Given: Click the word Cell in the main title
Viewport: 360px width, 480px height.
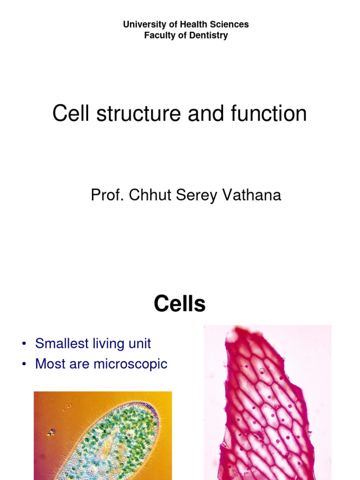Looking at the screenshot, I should point(71,114).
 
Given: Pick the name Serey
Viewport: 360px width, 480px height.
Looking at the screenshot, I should point(192,195).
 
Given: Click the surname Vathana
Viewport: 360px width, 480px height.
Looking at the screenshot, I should point(249,195).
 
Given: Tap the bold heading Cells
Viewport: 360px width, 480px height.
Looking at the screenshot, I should point(180,305).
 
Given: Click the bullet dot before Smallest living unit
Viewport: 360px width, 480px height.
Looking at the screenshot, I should point(23,345).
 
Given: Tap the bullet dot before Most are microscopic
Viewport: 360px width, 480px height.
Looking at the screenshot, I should point(23,365).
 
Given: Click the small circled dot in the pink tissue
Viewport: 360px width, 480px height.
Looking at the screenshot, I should point(262,371).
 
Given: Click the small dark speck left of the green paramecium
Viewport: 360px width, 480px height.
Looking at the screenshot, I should point(51,432).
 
